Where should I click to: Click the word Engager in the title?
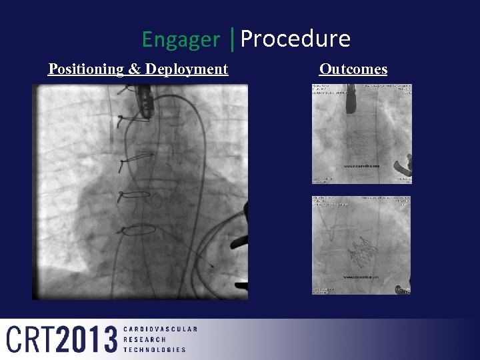[180, 40]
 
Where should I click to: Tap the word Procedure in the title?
[295, 39]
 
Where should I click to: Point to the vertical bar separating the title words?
[231, 39]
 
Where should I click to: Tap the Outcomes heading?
[353, 69]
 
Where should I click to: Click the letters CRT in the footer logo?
[31, 339]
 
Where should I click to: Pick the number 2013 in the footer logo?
[86, 339]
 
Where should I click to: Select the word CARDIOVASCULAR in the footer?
[160, 329]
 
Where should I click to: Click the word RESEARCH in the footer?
[145, 339]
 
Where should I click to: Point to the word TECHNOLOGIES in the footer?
[155, 349]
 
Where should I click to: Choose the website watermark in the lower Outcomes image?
[361, 276]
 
